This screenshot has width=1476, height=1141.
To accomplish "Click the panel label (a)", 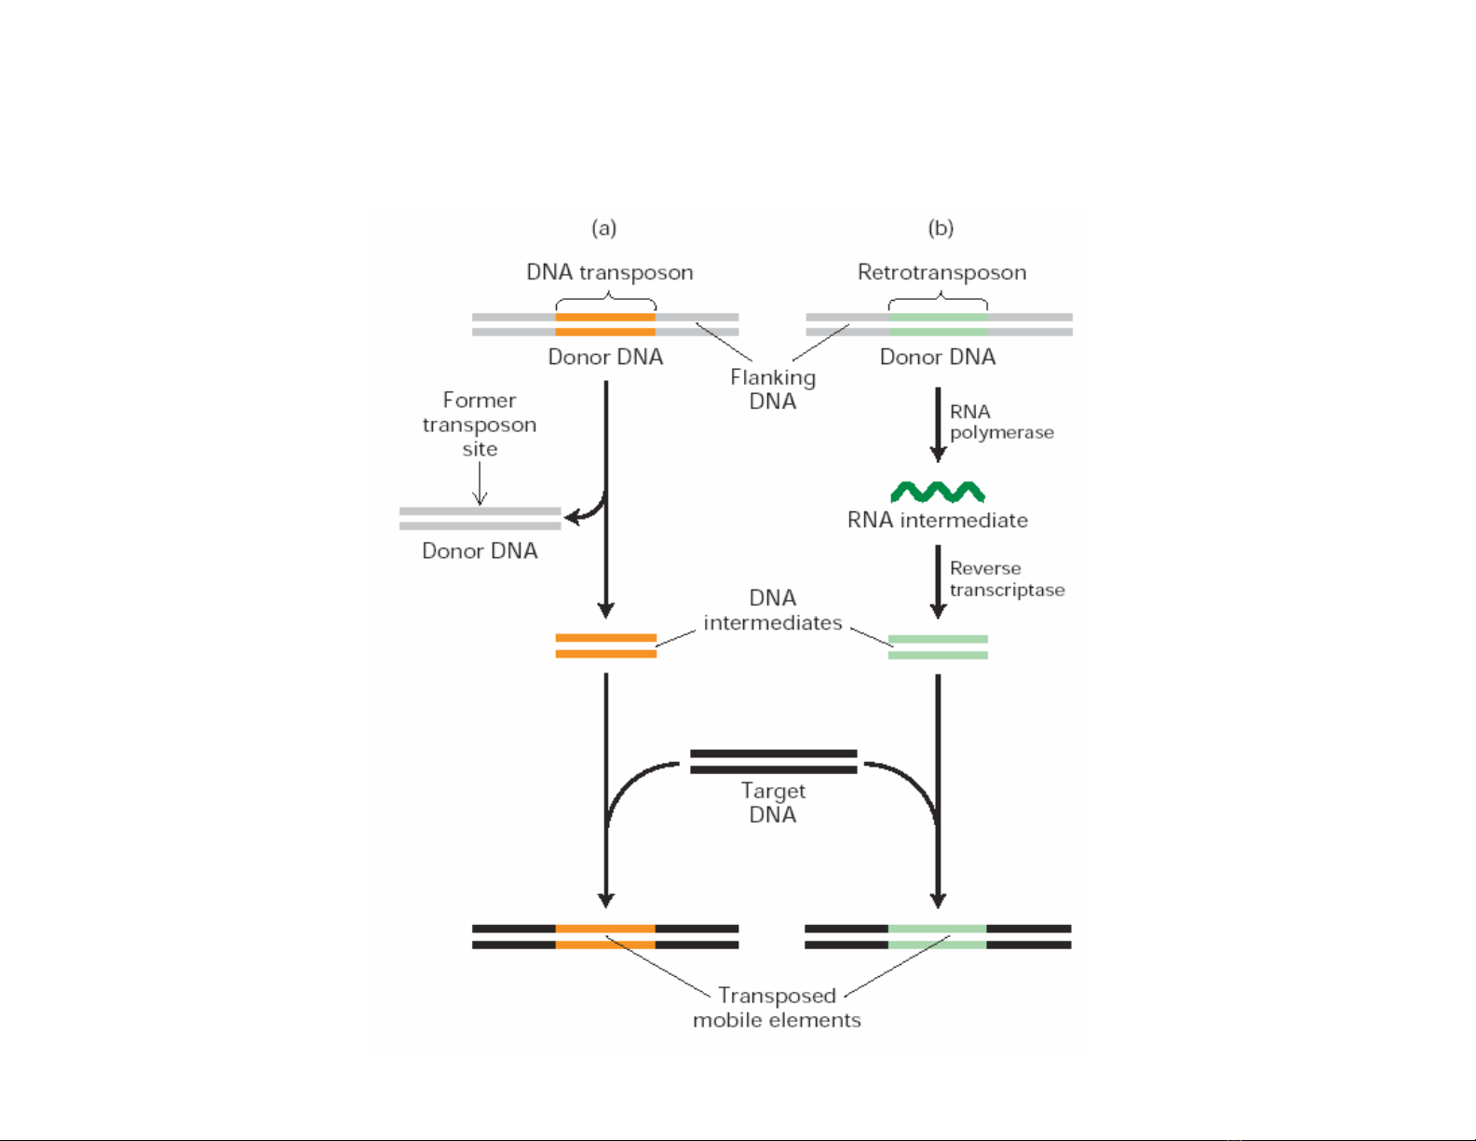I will (x=604, y=228).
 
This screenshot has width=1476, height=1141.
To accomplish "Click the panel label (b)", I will (x=941, y=228).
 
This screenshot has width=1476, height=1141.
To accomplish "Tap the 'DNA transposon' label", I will (x=609, y=273).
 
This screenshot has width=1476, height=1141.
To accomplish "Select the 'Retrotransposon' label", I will (x=941, y=273).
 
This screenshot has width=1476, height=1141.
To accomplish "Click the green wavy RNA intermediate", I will (x=938, y=492).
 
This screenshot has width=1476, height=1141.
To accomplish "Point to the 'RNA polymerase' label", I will (x=1001, y=422).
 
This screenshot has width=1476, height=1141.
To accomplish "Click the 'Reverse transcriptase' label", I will (x=1007, y=579).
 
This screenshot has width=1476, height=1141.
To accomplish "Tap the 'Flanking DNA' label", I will (x=773, y=389).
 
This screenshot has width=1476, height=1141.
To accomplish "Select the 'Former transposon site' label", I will (x=480, y=425).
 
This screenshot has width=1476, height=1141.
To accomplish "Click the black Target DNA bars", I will (x=773, y=761).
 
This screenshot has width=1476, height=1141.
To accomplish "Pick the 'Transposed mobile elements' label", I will (x=777, y=1008).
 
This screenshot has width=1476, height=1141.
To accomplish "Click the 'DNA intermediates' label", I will (x=772, y=610).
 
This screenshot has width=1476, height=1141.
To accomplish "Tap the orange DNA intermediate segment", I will (x=606, y=646).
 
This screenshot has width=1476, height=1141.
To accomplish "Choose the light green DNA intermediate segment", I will (x=938, y=647).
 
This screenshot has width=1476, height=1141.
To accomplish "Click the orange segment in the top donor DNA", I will (x=605, y=324).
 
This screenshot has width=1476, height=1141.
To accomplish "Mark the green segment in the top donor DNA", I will (x=938, y=324).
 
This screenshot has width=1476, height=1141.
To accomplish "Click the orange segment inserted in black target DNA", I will (x=605, y=937).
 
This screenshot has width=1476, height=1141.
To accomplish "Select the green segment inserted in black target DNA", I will (x=937, y=937).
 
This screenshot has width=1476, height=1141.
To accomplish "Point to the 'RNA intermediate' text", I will (x=937, y=521).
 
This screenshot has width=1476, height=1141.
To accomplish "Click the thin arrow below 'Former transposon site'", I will (x=481, y=484).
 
